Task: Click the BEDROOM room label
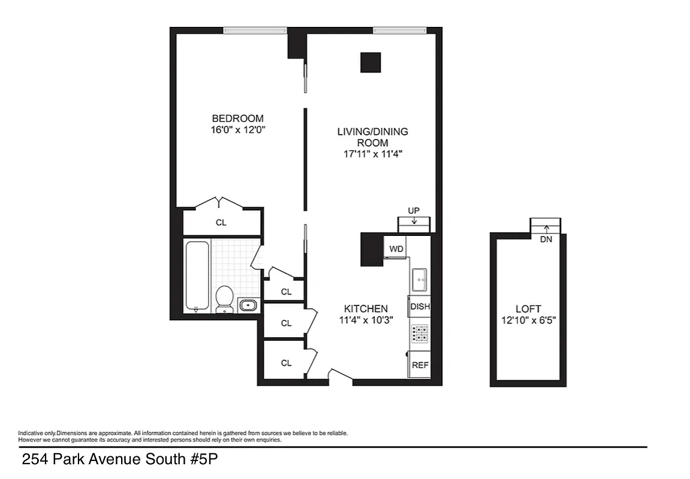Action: click(x=237, y=119)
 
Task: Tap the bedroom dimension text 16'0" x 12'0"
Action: click(x=237, y=129)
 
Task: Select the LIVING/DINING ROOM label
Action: click(x=372, y=137)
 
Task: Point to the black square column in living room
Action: click(x=370, y=62)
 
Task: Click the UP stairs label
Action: click(x=414, y=210)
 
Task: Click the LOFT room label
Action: click(x=528, y=309)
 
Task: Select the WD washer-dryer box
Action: click(x=396, y=248)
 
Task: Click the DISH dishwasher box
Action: click(x=420, y=307)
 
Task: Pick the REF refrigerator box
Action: click(x=420, y=365)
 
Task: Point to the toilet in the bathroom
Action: click(x=224, y=298)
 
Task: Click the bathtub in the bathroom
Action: click(x=197, y=276)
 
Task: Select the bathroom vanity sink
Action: click(x=248, y=305)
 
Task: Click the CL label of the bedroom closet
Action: click(x=221, y=223)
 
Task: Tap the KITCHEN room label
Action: click(x=366, y=308)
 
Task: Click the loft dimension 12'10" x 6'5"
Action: click(x=528, y=320)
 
